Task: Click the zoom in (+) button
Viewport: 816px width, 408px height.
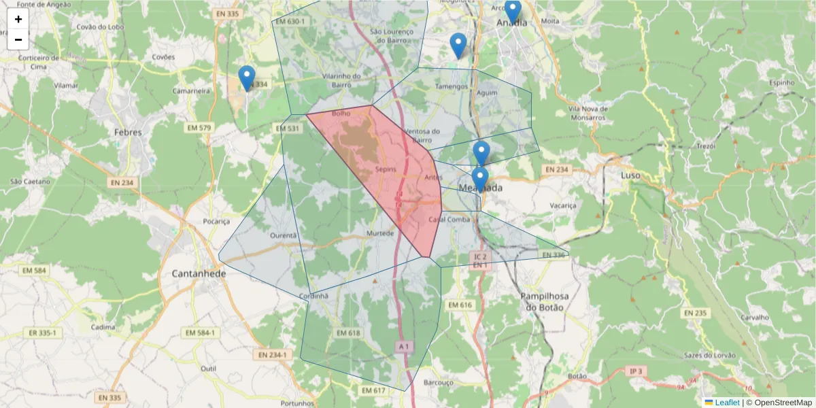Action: pyautogui.click(x=18, y=19)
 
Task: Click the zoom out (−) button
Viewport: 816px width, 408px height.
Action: pyautogui.click(x=18, y=39)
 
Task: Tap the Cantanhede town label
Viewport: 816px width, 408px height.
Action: pyautogui.click(x=194, y=273)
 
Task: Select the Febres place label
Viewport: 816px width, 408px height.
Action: pyautogui.click(x=128, y=133)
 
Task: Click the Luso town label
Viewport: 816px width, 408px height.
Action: pyautogui.click(x=631, y=175)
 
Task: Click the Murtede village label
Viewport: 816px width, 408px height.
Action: pyautogui.click(x=380, y=233)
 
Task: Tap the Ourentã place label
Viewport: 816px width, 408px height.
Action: pyautogui.click(x=284, y=235)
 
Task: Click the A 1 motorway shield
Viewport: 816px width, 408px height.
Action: pyautogui.click(x=404, y=347)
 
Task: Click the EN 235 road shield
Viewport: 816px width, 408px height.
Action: pyautogui.click(x=696, y=313)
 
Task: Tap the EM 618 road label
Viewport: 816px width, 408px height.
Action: pyautogui.click(x=347, y=333)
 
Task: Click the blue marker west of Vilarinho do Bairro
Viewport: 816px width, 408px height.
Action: pyautogui.click(x=247, y=78)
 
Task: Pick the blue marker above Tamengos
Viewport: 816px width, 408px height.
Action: pyautogui.click(x=459, y=45)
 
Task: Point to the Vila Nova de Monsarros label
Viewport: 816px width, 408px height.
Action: pyautogui.click(x=588, y=112)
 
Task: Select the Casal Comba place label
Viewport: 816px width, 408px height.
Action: pyautogui.click(x=449, y=219)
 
